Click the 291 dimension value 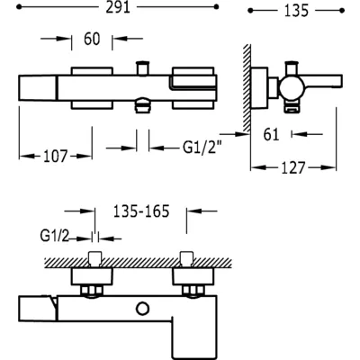pos(118,7)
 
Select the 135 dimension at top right pos(296,11)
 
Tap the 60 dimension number pos(92,39)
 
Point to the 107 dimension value pos(56,157)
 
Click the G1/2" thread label pos(202,148)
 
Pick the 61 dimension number pos(271,134)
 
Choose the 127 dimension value pos(293,167)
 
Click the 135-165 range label pos(141,211)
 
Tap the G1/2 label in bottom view pos(54,237)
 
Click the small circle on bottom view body pos(143,309)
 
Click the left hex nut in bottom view pos(92,291)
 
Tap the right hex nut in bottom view pos(193,291)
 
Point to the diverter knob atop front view pos(143,67)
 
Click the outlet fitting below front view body pos(143,105)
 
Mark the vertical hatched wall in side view pos(247,88)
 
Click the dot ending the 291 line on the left pos(19,7)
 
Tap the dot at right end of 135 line pos(342,11)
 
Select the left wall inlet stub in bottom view pos(95,259)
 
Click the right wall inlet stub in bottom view pos(186,259)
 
